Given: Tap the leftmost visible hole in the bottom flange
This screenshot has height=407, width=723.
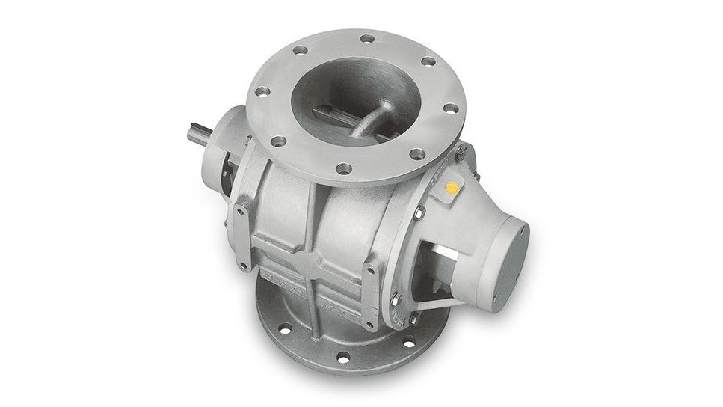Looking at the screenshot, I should [285, 328].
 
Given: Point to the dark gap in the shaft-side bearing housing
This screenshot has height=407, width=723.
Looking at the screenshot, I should [225, 172].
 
